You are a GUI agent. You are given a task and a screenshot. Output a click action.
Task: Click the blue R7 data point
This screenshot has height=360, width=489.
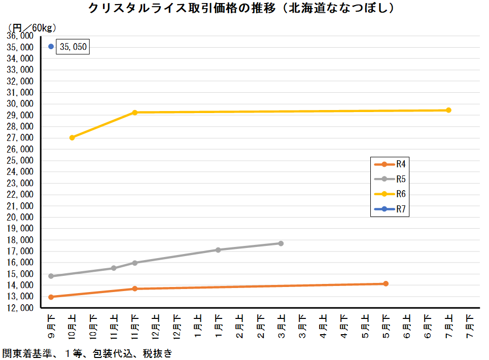[x=51, y=47]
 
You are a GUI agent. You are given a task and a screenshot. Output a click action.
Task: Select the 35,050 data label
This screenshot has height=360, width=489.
[x=73, y=47]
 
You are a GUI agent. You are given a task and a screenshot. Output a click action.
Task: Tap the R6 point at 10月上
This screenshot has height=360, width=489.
[x=72, y=137]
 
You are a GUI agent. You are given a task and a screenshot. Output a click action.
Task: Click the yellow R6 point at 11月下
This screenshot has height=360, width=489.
[x=135, y=113]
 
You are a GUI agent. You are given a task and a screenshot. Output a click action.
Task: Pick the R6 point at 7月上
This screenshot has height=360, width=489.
[x=448, y=110]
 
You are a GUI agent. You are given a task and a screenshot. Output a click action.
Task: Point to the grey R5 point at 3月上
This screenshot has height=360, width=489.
[x=281, y=243]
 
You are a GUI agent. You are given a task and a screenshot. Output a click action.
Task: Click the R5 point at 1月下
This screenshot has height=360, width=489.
[x=218, y=249]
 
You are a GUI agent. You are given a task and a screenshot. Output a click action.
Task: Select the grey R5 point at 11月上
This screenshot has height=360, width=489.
[x=114, y=268]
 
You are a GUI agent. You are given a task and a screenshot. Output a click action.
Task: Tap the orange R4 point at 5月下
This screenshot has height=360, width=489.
[x=386, y=283]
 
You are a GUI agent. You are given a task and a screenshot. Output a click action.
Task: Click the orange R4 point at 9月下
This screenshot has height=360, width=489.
[x=51, y=297]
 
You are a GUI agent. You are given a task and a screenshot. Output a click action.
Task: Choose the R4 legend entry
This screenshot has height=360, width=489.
[x=390, y=164]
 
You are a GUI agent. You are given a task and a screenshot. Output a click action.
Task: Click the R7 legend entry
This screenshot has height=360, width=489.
[x=390, y=209]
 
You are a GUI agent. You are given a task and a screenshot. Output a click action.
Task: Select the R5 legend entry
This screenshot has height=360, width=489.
[x=390, y=179]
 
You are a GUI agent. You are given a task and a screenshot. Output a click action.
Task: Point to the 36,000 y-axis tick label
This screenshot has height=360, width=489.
[x=20, y=36]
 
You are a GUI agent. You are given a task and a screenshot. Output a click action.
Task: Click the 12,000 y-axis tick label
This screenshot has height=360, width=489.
[x=20, y=308]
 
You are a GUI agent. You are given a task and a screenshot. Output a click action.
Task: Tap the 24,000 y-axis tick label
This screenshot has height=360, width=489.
[x=20, y=172]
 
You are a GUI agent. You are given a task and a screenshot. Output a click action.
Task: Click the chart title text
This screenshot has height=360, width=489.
[x=241, y=8]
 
